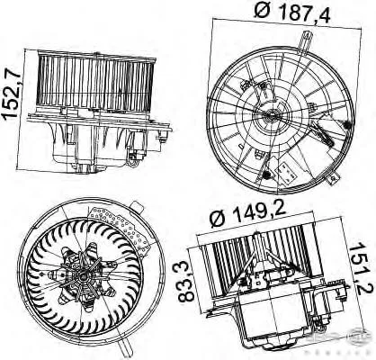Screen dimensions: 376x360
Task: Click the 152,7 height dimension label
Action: (x=13, y=95)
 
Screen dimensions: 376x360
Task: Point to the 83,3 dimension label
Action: (x=186, y=282)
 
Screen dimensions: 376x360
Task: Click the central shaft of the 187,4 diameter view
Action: (x=273, y=114)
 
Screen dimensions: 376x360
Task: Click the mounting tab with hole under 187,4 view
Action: (x=333, y=179)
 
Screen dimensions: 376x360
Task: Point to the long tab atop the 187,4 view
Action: (x=306, y=42)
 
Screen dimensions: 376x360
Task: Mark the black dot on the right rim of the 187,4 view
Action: (x=347, y=125)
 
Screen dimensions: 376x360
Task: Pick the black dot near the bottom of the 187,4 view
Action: (x=266, y=175)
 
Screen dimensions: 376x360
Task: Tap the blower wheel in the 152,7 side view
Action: (x=95, y=80)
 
